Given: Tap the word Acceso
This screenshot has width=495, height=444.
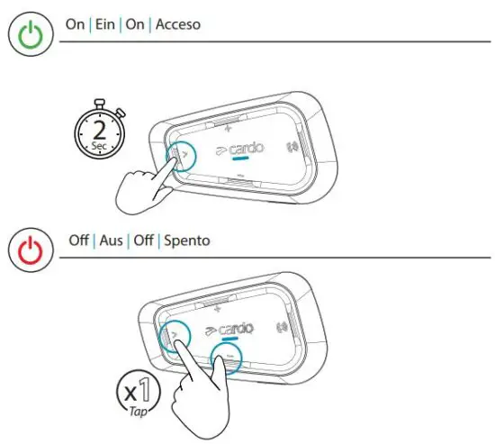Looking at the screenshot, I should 178,24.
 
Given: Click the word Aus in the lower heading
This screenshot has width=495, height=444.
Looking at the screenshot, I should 111,242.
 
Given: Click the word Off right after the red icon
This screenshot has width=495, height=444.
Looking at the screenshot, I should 78,242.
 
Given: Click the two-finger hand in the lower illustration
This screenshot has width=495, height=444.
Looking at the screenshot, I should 193,387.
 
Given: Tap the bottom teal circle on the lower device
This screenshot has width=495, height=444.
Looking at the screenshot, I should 229,361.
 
